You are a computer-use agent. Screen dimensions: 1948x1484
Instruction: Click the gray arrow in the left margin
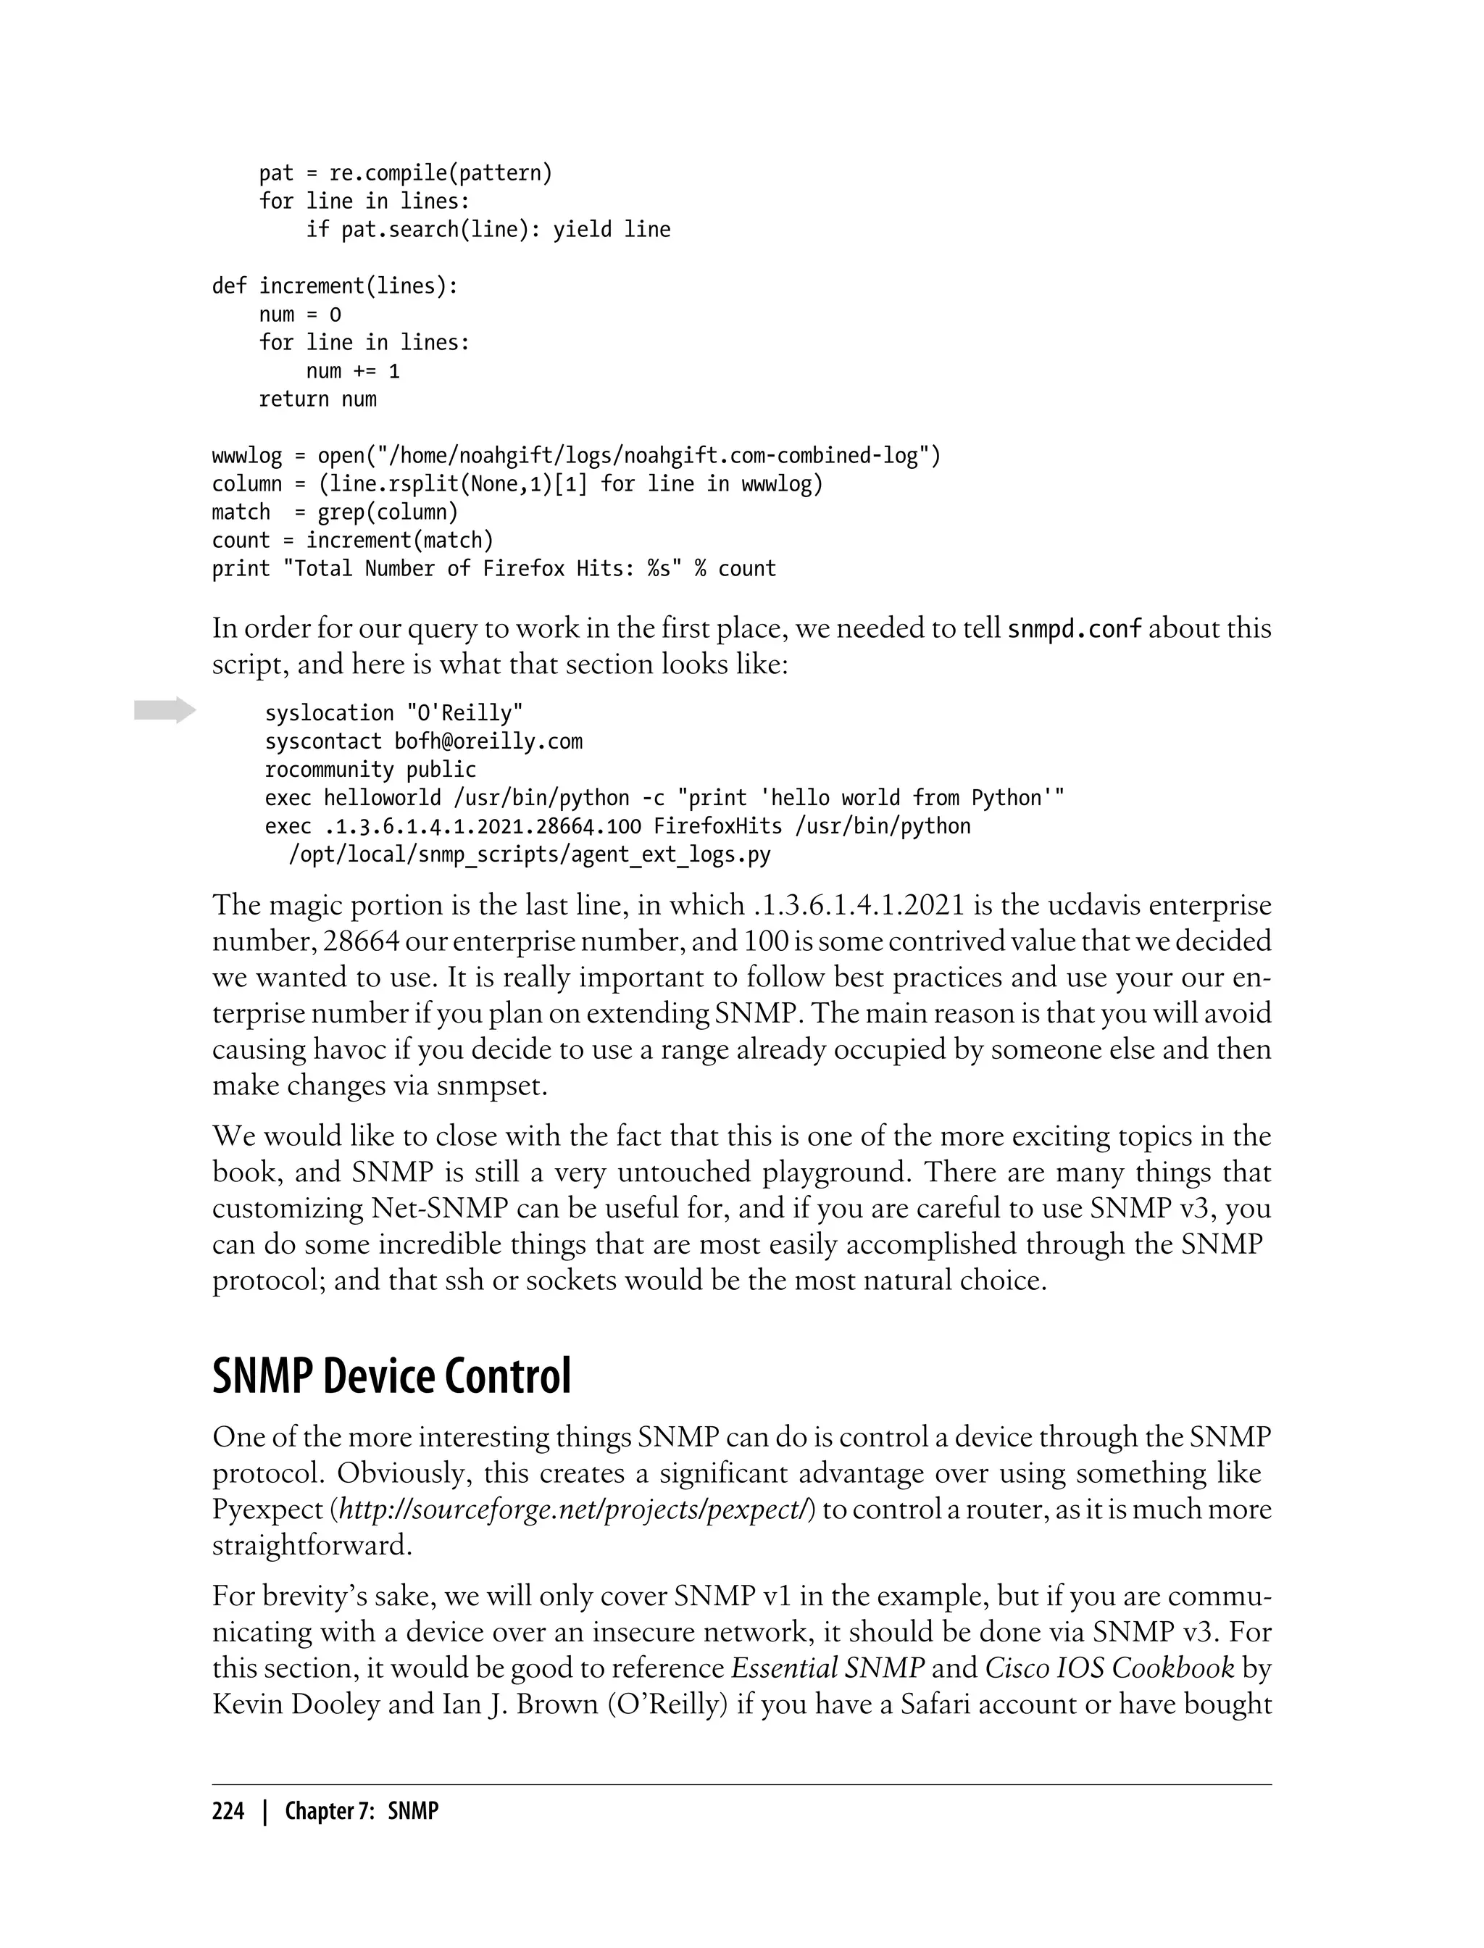164,709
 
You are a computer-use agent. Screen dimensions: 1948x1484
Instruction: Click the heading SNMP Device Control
391,1375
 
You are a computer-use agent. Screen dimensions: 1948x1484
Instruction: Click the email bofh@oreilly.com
488,741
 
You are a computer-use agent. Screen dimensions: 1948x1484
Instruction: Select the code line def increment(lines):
335,286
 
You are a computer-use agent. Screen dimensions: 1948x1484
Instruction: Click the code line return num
317,399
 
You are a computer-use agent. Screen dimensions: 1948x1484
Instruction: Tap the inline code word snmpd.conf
1074,629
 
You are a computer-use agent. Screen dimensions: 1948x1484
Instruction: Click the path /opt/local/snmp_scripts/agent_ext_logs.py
530,854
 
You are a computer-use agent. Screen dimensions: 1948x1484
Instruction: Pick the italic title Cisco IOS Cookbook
1109,1668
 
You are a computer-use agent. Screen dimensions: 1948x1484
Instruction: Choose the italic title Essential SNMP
828,1668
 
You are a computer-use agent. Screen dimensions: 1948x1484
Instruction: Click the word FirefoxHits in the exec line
717,826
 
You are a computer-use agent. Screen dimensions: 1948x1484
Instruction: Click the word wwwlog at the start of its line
246,455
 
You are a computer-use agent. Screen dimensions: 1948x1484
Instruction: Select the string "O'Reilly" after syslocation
464,713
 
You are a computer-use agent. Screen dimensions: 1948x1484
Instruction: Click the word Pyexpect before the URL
267,1509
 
